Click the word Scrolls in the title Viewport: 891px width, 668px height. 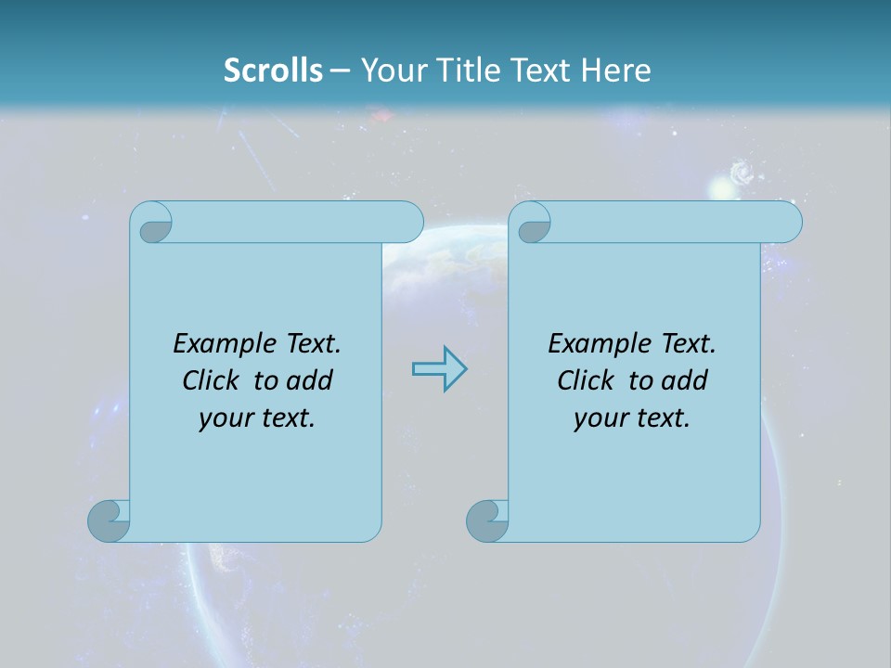(273, 70)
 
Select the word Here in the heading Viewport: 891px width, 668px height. (615, 70)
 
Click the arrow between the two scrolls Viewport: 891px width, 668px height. (439, 369)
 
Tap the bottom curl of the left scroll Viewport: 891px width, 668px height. (109, 520)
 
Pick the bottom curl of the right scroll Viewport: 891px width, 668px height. (487, 520)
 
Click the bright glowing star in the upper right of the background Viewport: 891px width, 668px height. (721, 189)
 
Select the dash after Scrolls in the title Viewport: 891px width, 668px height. (339, 70)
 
